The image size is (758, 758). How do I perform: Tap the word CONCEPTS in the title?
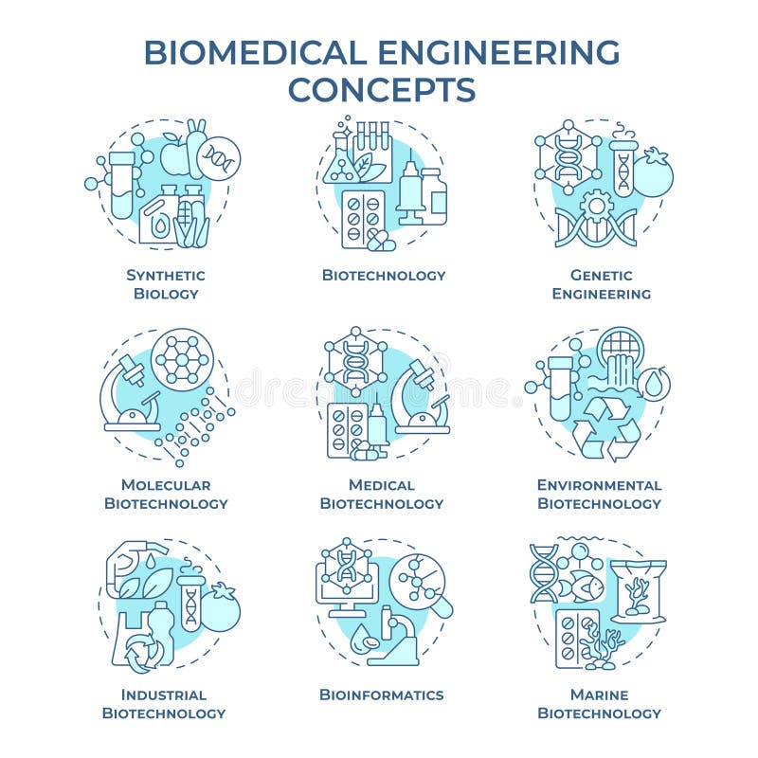coord(382,89)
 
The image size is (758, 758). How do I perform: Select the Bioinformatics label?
coord(382,695)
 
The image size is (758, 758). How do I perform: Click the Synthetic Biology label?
coord(166,284)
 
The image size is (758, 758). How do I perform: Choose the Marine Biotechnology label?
coord(599,703)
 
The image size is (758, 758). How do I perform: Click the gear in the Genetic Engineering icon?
coord(597,206)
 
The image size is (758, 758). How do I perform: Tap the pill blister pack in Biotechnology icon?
coord(363,219)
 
